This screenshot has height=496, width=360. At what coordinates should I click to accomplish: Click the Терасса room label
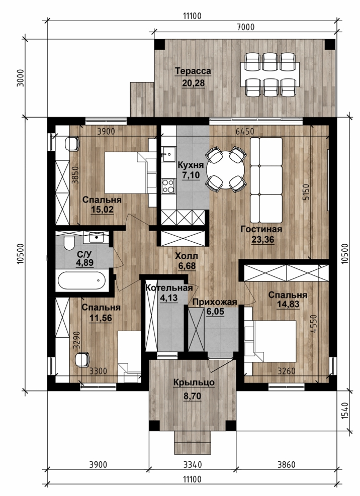pos(193,71)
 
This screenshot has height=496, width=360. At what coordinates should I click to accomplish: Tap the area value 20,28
pos(194,83)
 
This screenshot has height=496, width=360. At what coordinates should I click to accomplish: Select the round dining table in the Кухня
pos(225,170)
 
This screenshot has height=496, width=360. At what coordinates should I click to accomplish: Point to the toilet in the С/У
pos(69,244)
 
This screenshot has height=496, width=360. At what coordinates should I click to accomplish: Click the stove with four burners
pos(168,186)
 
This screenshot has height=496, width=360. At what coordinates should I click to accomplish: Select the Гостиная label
pos(261,229)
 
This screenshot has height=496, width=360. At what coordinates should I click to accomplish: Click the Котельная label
pos(169,288)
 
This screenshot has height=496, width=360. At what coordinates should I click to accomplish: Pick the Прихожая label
pos(215,302)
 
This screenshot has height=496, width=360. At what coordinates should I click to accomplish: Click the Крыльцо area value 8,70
pos(192,395)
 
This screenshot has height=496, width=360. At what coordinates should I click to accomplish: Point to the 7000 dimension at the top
pos(245,27)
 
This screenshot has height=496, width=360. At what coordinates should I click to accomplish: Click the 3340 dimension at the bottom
pos(193,464)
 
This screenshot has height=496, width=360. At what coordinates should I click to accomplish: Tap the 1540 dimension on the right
pos(345,411)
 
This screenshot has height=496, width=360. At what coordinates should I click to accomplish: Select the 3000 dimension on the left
pos(20,78)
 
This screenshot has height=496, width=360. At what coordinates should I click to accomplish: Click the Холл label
pos(187,256)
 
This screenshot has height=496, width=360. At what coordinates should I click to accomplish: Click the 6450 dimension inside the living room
pos(245,131)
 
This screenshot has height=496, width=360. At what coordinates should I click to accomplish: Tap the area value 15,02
pos(102,210)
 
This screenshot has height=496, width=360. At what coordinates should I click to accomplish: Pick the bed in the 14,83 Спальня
pos(271,341)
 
